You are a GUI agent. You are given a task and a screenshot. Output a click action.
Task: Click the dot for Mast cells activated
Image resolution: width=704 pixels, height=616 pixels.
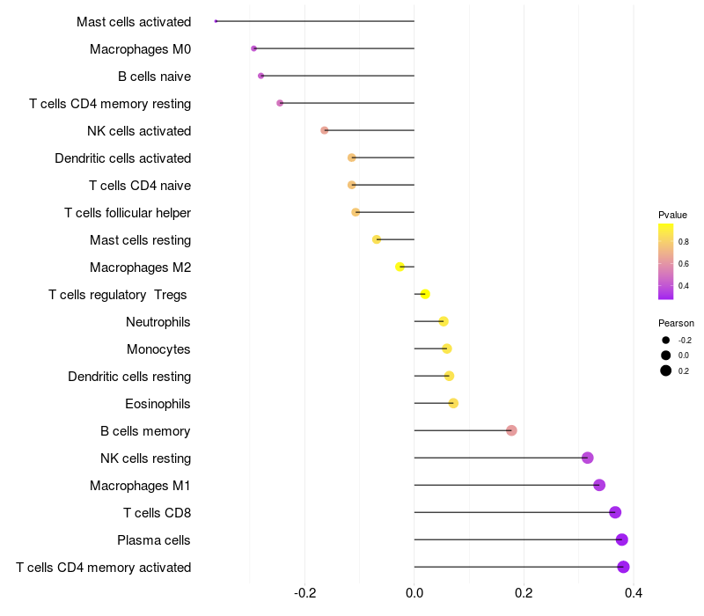click(x=216, y=21)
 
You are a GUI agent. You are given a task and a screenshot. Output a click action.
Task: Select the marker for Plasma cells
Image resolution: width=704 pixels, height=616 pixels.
click(x=622, y=539)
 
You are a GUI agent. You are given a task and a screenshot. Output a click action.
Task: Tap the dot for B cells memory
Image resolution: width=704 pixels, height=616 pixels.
click(x=511, y=430)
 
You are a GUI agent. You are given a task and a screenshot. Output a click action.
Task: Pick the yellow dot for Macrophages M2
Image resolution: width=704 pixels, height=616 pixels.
click(x=400, y=267)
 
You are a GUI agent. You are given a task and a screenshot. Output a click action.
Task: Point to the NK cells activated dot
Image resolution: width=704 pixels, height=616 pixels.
click(x=325, y=130)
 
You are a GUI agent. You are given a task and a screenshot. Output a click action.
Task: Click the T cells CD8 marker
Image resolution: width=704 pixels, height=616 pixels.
click(x=615, y=512)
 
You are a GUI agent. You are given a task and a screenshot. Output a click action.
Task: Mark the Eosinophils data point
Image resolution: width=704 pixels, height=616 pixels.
click(x=453, y=403)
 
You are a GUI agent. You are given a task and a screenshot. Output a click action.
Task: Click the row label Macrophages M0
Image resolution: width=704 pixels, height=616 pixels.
click(x=140, y=49)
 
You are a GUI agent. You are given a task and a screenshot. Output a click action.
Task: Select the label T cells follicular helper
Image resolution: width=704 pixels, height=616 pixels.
click(x=128, y=213)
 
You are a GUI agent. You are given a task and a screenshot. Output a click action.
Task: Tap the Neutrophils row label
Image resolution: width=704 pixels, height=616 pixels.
click(x=158, y=322)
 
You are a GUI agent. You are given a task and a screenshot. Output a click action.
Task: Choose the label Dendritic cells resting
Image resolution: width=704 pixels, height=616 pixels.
click(x=129, y=377)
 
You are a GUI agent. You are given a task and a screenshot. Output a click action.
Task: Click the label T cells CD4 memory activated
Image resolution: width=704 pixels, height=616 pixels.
click(x=104, y=568)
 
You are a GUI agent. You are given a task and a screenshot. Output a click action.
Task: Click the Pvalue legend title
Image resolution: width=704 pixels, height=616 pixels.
click(x=672, y=215)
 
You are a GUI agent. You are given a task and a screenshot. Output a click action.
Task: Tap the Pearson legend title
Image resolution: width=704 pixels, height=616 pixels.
click(x=676, y=323)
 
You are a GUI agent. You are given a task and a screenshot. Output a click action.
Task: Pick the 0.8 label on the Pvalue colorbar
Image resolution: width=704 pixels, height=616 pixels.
click(x=684, y=240)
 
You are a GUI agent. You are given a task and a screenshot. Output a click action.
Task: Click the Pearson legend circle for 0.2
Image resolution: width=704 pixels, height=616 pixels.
click(x=666, y=370)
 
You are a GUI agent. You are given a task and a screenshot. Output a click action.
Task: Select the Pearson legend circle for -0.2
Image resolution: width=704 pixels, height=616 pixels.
click(x=666, y=340)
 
